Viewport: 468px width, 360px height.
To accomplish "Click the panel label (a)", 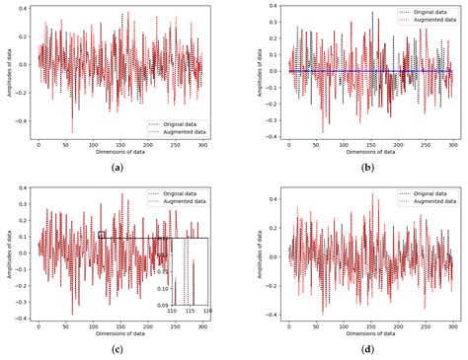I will pos(118,169).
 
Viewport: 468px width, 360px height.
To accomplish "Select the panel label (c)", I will pos(118,349).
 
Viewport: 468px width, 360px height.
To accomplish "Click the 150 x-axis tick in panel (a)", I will pos(120,144).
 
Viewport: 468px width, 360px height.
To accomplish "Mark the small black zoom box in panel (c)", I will pos(102,235).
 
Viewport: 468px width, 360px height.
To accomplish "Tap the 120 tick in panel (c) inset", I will pos(207,311).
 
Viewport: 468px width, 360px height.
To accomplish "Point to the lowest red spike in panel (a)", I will pos(71,131).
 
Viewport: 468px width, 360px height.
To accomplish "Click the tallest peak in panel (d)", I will pos(373,194).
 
